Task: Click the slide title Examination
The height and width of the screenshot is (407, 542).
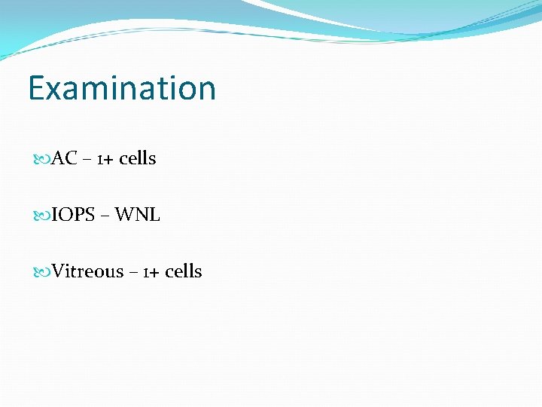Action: [122, 87]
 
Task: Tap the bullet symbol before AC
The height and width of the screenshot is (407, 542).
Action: [42, 159]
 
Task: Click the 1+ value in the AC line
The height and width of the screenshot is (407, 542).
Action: [105, 159]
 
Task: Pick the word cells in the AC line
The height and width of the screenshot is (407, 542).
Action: [137, 158]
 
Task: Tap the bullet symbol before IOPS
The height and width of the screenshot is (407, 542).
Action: [42, 216]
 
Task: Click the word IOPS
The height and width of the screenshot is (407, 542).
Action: [73, 215]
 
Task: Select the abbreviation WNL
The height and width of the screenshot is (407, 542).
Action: [137, 215]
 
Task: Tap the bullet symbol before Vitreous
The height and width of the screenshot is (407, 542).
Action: [42, 272]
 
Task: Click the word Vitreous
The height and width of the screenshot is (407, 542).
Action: [87, 271]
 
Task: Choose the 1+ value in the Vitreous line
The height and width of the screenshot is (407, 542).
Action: [151, 272]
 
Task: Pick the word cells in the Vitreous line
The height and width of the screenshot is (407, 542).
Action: [183, 271]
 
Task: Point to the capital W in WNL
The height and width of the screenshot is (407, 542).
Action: [125, 215]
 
